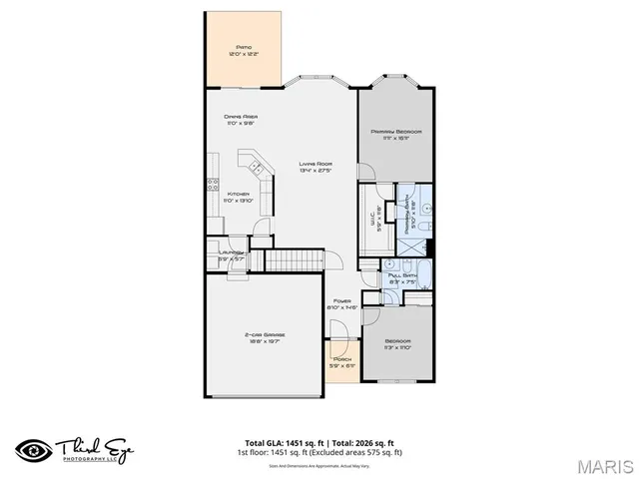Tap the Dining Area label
coord(241,118)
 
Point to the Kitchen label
coord(238,195)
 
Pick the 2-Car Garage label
coord(265,335)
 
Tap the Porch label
coord(342,359)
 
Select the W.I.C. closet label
coord(376,212)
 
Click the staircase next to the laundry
coord(291,260)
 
